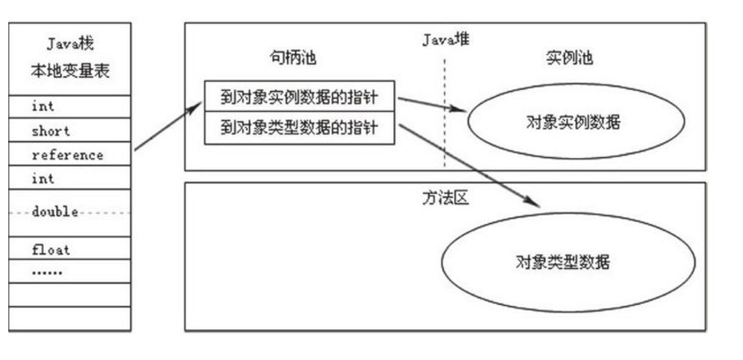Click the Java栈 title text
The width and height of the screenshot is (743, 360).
[x=69, y=45]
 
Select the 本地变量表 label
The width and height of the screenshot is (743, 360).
[x=69, y=71]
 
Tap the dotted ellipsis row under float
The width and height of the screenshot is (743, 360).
[x=47, y=271]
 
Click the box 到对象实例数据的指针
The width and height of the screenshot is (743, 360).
[x=299, y=97]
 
